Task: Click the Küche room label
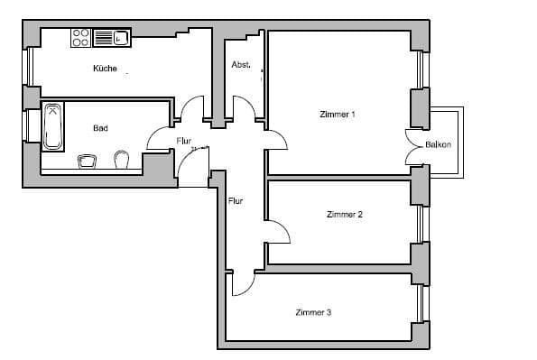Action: coord(105,69)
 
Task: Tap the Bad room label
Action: coord(100,128)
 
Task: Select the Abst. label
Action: coord(240,64)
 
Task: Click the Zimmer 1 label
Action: coord(338,115)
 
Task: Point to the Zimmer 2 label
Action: coord(344,215)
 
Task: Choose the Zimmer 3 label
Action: coord(313,313)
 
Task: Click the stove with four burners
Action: coord(79,38)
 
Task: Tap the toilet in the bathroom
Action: coord(123,159)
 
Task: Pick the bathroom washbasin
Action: coord(88,160)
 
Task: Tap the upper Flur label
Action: coord(184,141)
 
